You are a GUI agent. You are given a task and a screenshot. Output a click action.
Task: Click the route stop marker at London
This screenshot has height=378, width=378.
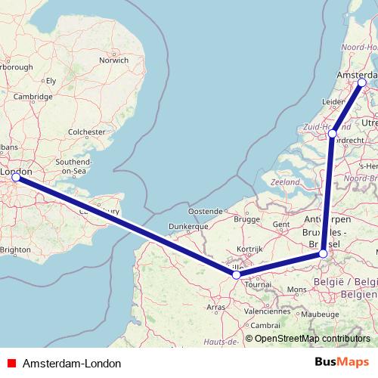click(x=16, y=178)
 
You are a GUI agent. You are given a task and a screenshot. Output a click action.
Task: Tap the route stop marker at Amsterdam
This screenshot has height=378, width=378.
click(x=362, y=82)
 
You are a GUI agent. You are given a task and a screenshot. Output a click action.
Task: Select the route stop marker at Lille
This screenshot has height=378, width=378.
click(x=237, y=274)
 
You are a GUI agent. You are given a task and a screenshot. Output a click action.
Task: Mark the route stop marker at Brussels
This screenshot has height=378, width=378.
click(x=324, y=254)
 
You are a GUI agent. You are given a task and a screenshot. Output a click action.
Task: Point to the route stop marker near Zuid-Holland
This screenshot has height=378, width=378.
click(x=333, y=134)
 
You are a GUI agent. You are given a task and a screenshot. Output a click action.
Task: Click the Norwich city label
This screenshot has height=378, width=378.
click(x=114, y=60)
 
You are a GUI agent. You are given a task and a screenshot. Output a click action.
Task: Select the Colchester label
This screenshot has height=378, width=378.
click(x=86, y=132)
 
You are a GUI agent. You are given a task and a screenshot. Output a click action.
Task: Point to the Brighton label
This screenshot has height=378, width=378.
click(x=16, y=249)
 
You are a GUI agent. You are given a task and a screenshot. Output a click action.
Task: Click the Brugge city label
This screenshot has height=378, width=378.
click(x=246, y=219)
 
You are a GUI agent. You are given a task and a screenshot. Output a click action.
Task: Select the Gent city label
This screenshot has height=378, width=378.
click(x=281, y=225)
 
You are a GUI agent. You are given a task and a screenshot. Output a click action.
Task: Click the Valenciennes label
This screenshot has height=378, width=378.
click(x=268, y=311)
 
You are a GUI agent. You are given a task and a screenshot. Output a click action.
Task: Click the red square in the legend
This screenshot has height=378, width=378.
click(x=11, y=364)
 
